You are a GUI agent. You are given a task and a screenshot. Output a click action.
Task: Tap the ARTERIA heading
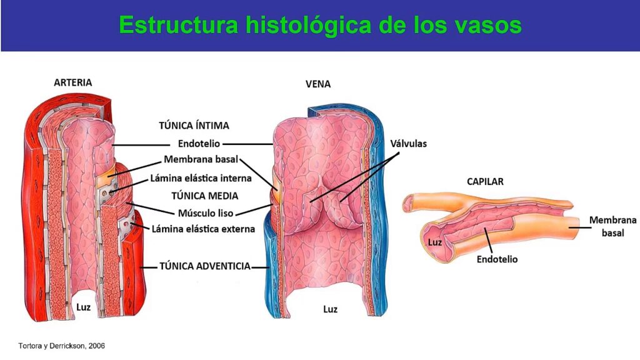pyautogui.click(x=73, y=82)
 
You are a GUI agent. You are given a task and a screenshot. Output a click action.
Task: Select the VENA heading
pyautogui.click(x=318, y=84)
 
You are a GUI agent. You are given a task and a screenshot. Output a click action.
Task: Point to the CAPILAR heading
pyautogui.click(x=485, y=182)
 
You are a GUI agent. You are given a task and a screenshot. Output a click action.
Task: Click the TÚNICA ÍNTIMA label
pyautogui.click(x=194, y=125)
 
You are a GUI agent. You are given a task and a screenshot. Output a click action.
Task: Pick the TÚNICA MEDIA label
pyautogui.click(x=204, y=196)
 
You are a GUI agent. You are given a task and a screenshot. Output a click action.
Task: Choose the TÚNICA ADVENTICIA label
pyautogui.click(x=205, y=266)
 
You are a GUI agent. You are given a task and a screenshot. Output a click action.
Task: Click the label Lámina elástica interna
pyautogui.click(x=201, y=178)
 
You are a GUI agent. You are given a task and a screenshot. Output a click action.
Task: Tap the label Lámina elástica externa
pyautogui.click(x=203, y=229)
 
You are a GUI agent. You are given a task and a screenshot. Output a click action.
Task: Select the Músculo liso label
pyautogui.click(x=206, y=213)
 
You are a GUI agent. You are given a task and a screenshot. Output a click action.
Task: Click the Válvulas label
pyautogui.click(x=409, y=144)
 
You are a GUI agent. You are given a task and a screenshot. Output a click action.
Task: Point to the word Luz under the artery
pyautogui.click(x=83, y=307)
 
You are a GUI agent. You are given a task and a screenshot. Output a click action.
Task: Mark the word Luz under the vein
pyautogui.click(x=330, y=309)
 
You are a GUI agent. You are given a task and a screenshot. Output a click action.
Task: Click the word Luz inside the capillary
pyautogui.click(x=435, y=242)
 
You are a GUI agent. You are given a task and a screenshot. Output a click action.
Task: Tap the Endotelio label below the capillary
pyautogui.click(x=497, y=259)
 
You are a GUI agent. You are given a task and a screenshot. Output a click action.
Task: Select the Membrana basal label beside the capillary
pyautogui.click(x=612, y=226)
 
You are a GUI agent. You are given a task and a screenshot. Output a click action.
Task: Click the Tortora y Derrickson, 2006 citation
pyautogui.click(x=62, y=346)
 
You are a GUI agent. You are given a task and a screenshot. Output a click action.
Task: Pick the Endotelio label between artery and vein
pyautogui.click(x=199, y=144)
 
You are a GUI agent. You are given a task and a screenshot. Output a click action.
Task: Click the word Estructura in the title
pyautogui.click(x=178, y=25)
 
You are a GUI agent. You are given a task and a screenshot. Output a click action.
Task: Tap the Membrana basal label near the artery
pyautogui.click(x=201, y=159)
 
